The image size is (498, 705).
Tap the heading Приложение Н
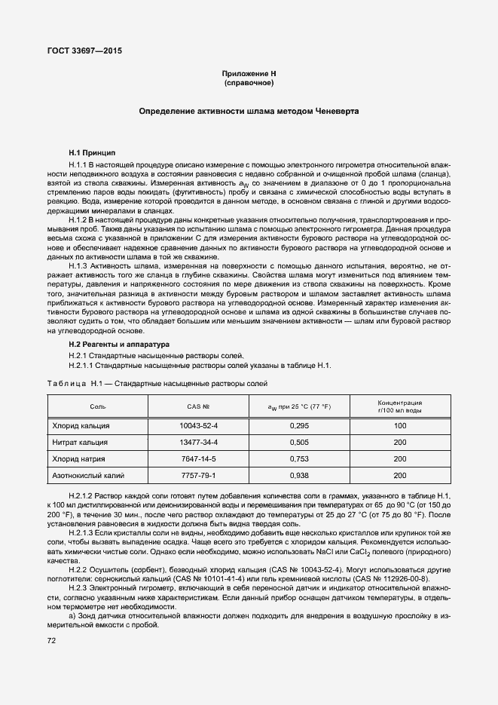(x=249, y=73)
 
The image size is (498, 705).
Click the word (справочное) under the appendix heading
(x=249, y=82)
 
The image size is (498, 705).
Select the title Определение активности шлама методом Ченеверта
(x=249, y=111)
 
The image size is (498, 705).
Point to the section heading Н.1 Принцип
(x=92, y=152)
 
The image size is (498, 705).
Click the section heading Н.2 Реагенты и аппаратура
(x=119, y=344)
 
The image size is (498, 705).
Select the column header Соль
(x=98, y=407)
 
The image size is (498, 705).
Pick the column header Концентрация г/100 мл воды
(x=399, y=406)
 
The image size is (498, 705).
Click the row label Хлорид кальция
(x=80, y=426)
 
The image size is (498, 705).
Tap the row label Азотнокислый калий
(x=87, y=476)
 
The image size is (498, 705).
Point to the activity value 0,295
(x=299, y=426)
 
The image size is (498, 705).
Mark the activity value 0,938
(x=299, y=476)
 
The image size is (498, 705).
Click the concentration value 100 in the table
(x=399, y=426)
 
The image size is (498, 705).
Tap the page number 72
(x=52, y=640)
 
